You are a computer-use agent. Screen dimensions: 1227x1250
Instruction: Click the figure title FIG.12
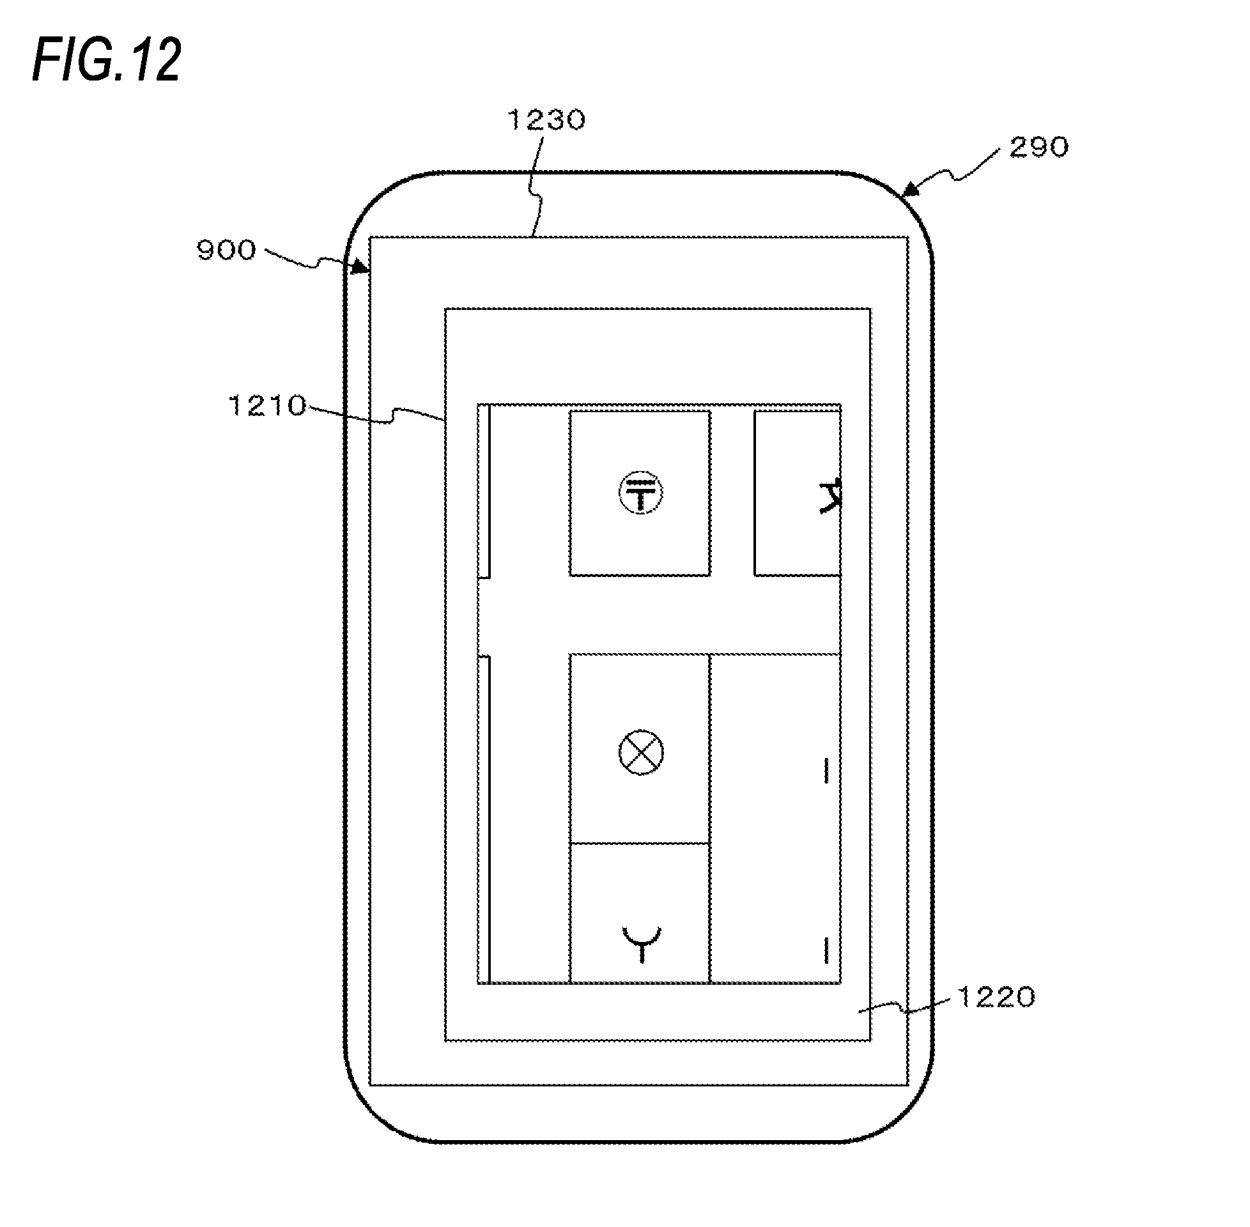click(107, 60)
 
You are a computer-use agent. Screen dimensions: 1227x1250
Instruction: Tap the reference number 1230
click(546, 120)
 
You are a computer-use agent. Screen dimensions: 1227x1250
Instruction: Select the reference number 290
click(1038, 148)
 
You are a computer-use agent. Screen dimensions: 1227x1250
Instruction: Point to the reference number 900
click(226, 250)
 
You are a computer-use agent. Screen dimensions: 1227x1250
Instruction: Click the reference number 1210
click(266, 406)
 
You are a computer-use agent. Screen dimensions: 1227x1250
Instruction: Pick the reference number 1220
click(996, 997)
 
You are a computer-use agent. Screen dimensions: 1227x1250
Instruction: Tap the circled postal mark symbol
click(640, 493)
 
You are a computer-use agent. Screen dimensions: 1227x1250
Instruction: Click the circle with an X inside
click(640, 752)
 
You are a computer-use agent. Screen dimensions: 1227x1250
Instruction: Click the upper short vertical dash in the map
click(826, 771)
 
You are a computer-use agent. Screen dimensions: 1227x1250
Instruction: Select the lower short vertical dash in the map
click(826, 950)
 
